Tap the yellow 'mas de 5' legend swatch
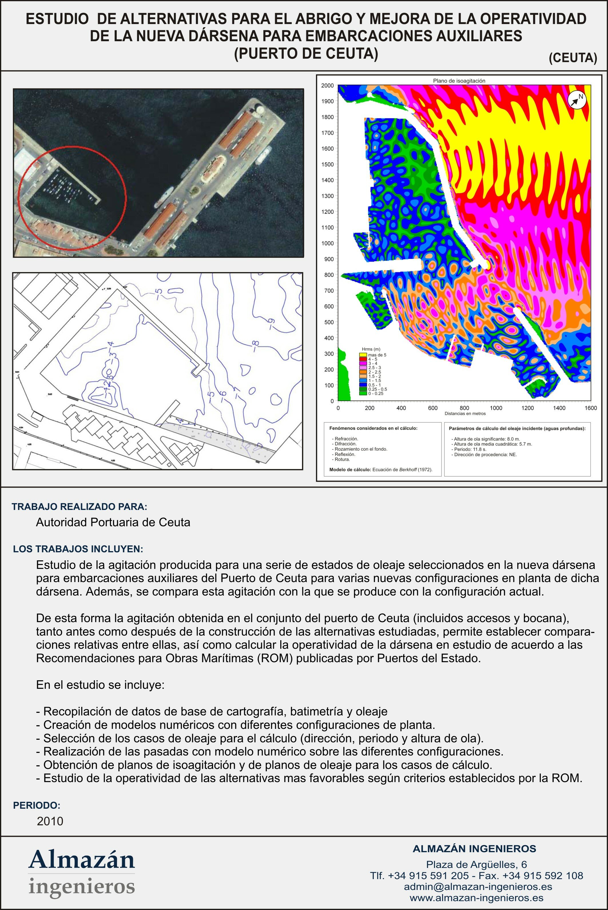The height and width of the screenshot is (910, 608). pyautogui.click(x=363, y=355)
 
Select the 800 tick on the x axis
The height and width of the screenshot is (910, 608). pyautogui.click(x=464, y=408)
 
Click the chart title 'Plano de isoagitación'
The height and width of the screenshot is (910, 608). pyautogui.click(x=459, y=81)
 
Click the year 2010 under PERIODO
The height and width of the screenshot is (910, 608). pyautogui.click(x=50, y=821)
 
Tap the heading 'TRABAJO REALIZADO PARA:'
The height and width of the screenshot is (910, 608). pyautogui.click(x=80, y=507)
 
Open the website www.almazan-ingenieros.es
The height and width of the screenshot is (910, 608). pyautogui.click(x=476, y=898)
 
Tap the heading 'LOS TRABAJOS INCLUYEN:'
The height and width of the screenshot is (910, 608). pyautogui.click(x=78, y=549)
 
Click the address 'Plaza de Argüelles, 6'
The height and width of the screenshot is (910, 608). pyautogui.click(x=476, y=864)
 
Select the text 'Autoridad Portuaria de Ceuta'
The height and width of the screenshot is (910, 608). pyautogui.click(x=113, y=523)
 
